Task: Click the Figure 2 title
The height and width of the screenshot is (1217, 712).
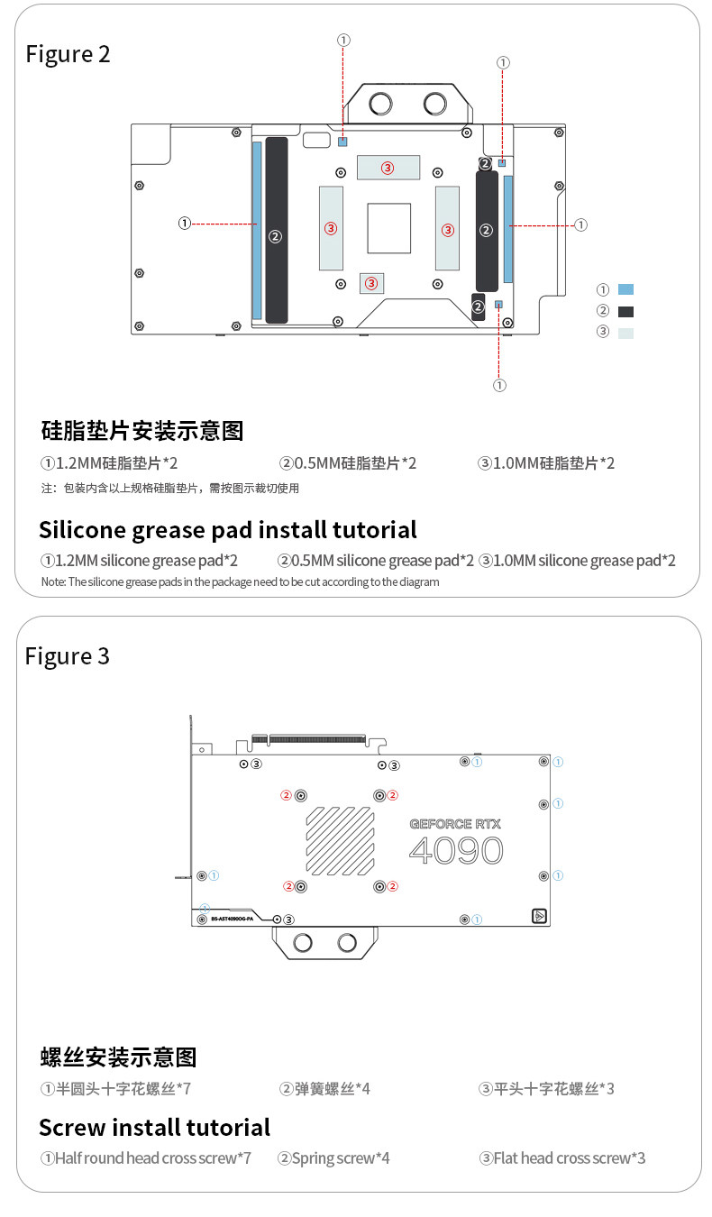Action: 68,54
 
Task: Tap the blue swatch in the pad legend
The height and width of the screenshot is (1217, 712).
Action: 625,289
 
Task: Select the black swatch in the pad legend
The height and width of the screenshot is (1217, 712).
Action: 625,312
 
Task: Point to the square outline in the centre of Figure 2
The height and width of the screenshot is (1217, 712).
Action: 388,228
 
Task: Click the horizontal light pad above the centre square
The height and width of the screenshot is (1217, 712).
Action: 388,167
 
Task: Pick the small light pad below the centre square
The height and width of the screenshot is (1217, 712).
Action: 371,283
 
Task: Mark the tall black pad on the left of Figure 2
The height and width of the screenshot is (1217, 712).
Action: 277,230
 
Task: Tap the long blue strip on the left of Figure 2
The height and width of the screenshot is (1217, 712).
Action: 257,230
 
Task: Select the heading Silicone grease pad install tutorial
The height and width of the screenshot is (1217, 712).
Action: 228,529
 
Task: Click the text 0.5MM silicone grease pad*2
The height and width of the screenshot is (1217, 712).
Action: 376,561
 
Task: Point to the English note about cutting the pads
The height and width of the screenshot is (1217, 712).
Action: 241,582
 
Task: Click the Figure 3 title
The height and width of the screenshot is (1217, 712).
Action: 68,656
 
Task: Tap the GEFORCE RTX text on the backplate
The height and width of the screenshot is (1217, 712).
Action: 455,823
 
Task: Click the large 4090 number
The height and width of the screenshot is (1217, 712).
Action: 456,850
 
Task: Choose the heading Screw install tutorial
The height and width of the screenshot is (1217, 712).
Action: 155,1128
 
